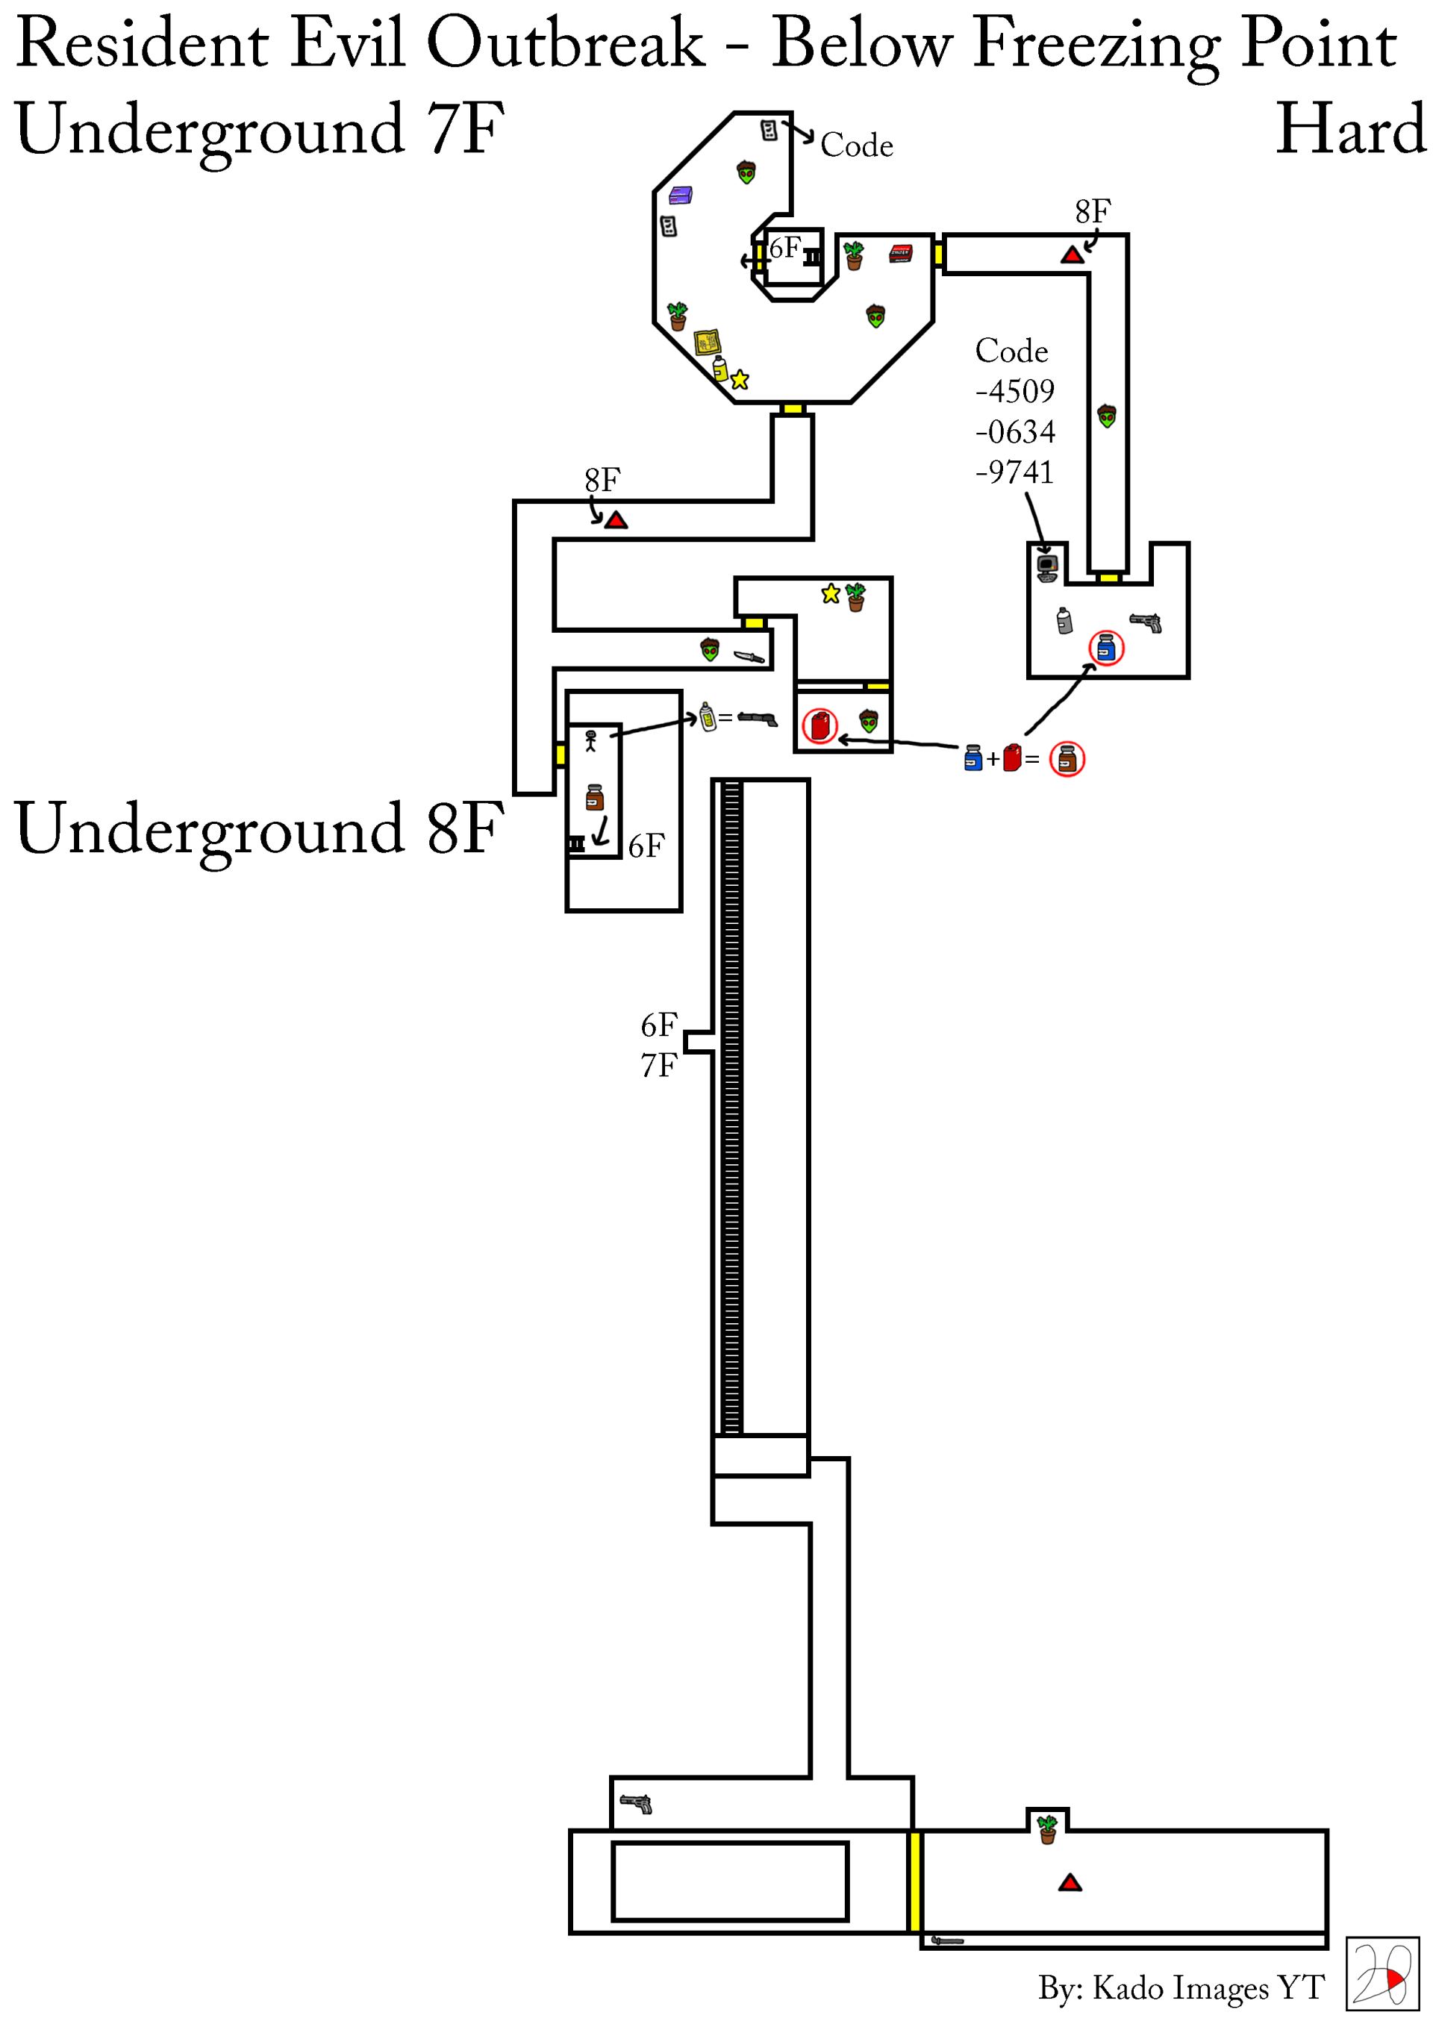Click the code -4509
pos(1014,391)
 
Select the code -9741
pos(1014,472)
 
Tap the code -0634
pos(1014,431)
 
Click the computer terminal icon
pos(1047,568)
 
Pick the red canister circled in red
pos(820,725)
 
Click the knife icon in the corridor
pos(749,656)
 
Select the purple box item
pos(680,195)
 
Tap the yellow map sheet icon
pos(708,342)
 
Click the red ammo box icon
pos(899,254)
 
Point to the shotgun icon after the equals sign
pos(758,719)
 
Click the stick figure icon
pos(590,740)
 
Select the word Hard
pos(1350,130)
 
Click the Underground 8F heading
pos(259,828)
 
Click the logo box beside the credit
pos(1382,1974)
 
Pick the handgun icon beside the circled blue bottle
pos(1146,622)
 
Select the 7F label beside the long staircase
pos(659,1066)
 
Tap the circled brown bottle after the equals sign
pos(1067,758)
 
